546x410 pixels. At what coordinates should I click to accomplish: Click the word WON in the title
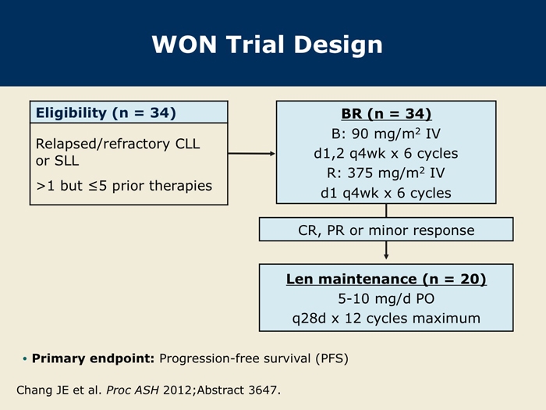[185, 45]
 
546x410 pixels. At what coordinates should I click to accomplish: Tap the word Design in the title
[339, 45]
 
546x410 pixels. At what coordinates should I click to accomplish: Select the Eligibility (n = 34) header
[106, 112]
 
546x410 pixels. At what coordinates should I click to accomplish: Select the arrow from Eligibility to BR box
[251, 153]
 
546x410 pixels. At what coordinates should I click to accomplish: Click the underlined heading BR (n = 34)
[386, 114]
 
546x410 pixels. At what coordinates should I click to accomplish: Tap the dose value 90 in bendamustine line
[360, 134]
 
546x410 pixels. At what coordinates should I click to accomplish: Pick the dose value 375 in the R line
[360, 173]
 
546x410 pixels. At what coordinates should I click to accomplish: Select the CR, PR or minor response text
[386, 230]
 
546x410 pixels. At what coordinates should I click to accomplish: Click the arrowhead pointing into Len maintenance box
[386, 256]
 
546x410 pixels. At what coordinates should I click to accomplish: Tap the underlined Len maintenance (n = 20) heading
[386, 279]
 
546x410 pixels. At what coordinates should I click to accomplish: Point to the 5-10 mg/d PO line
[386, 299]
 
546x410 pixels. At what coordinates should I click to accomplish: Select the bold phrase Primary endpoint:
[93, 358]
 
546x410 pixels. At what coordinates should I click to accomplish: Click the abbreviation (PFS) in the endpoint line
[331, 358]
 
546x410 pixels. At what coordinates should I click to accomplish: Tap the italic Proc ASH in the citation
[133, 390]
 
